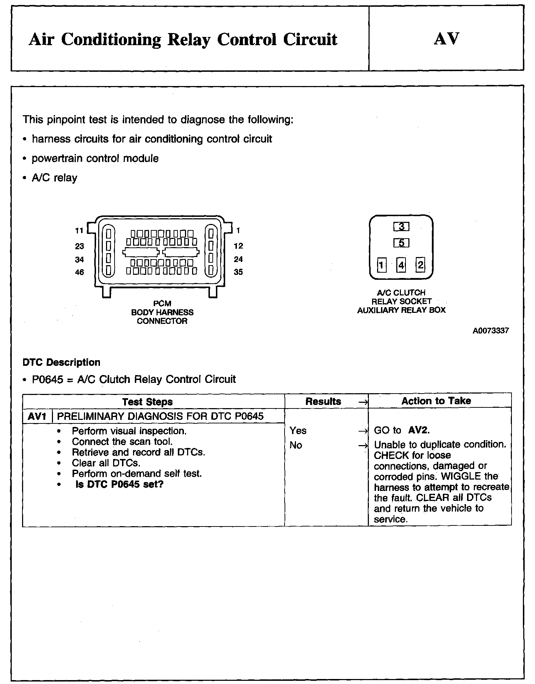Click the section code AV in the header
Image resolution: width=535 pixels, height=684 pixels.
446,38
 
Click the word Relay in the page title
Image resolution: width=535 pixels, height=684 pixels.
189,39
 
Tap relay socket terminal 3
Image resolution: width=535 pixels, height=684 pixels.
401,226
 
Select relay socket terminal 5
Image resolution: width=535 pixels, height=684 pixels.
401,243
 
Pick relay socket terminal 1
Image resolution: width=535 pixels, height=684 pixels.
381,265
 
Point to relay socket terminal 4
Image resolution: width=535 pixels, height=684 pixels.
401,265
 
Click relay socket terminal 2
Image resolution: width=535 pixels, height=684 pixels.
420,265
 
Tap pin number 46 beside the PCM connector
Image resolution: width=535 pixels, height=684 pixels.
79,272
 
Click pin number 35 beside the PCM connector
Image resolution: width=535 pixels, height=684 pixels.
238,272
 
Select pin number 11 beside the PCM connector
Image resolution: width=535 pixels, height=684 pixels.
79,231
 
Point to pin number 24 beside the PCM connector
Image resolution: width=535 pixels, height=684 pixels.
238,259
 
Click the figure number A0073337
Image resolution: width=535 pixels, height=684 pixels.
491,331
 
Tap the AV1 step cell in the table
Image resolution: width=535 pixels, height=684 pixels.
37,416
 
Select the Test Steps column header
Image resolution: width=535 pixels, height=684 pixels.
147,402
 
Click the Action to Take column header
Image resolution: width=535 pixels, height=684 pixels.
436,401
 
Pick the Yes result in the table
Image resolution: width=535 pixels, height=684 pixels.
298,431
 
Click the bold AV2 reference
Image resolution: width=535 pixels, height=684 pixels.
418,431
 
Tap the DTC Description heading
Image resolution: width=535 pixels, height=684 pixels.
61,363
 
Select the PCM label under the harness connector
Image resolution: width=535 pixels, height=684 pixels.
162,304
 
